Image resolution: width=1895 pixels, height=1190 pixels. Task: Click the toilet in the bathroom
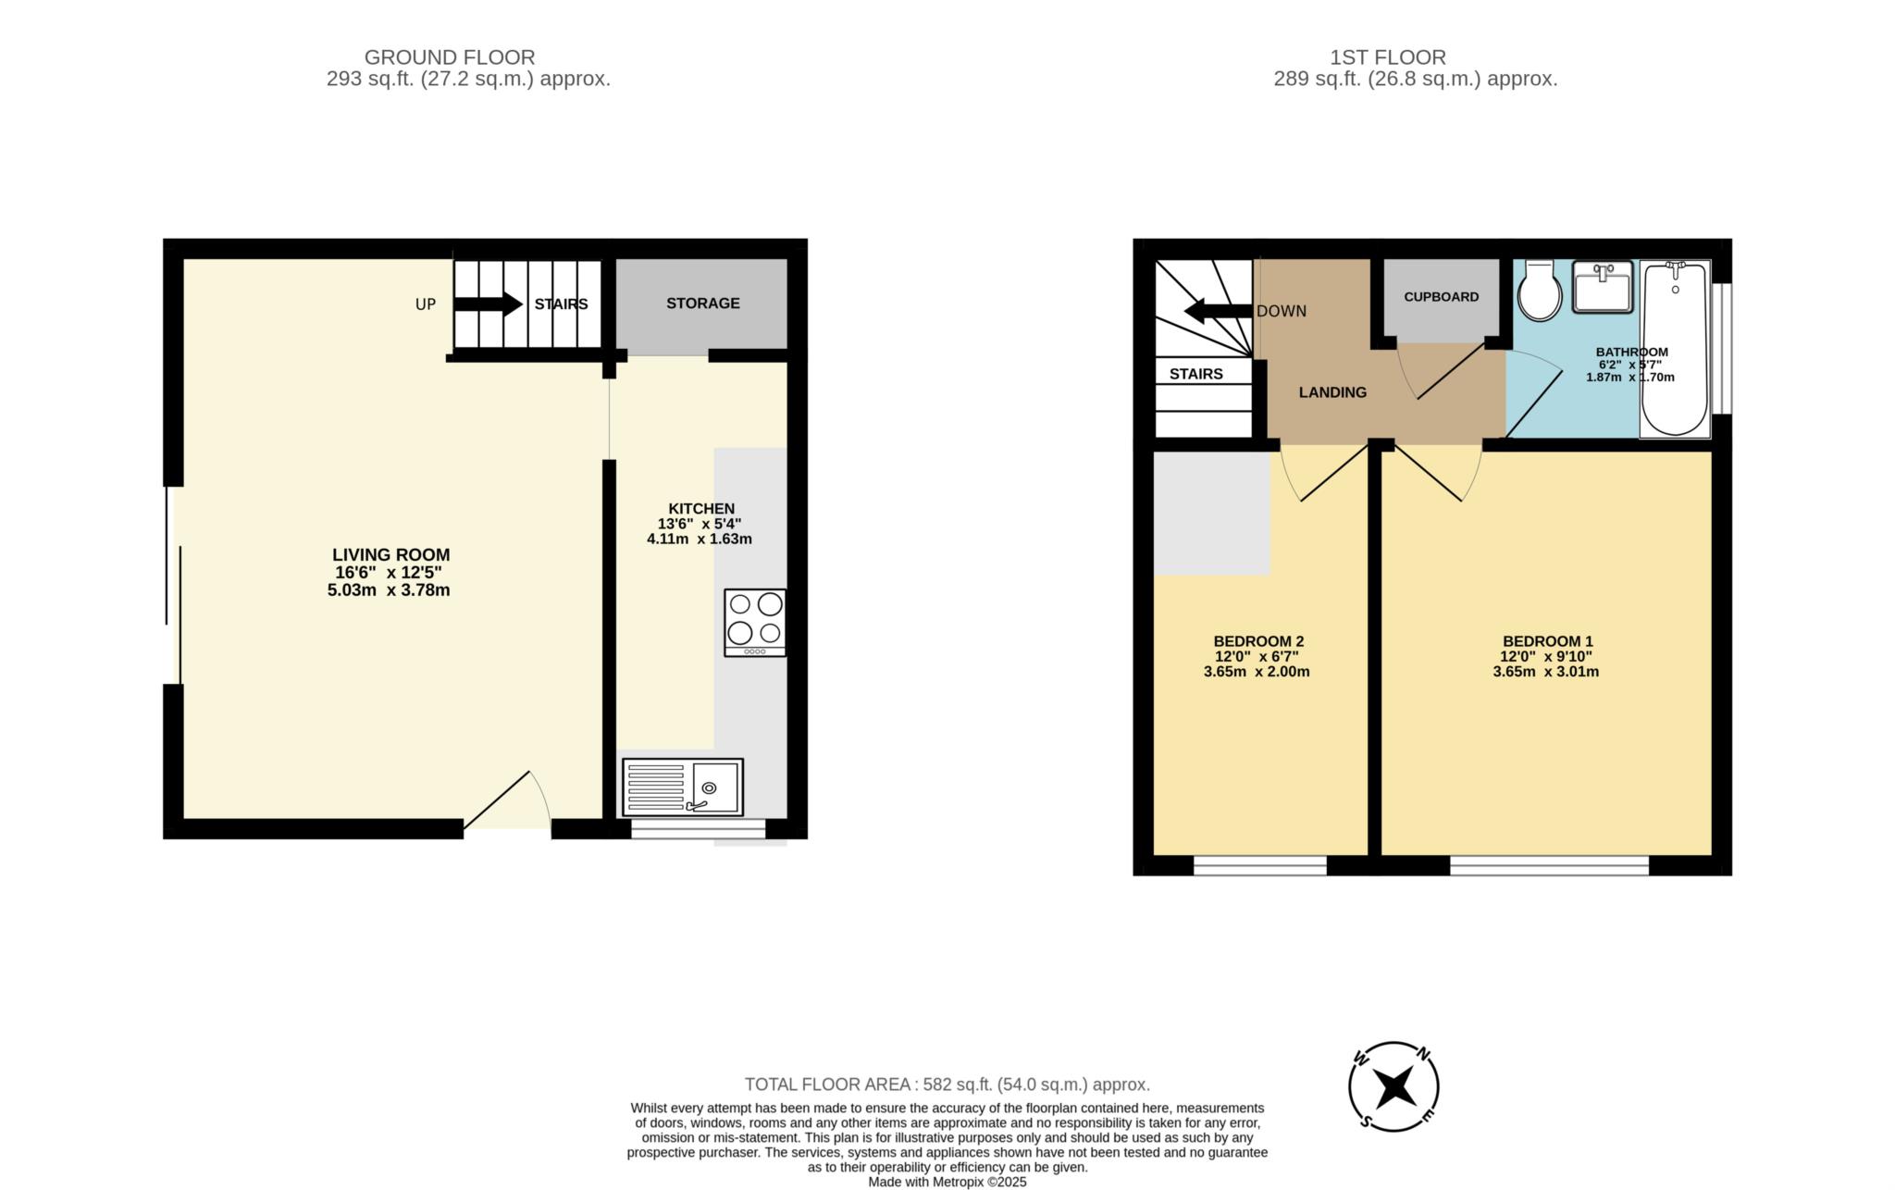tap(1540, 290)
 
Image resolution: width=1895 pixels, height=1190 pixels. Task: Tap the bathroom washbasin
tap(1604, 287)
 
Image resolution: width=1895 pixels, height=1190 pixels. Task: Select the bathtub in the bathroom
tap(1675, 348)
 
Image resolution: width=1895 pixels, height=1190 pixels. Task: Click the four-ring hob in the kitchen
tap(755, 623)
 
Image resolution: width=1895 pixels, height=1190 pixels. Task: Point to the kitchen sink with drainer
tap(683, 787)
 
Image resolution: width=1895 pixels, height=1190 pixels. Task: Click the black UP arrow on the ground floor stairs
tap(489, 304)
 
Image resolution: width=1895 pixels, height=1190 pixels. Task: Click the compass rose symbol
tap(1393, 1086)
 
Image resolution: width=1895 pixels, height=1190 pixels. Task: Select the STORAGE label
tap(703, 304)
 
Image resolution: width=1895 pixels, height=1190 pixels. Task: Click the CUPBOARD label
tap(1442, 297)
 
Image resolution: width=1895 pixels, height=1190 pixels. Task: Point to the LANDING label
tap(1332, 392)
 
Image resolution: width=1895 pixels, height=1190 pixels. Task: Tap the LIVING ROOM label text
tap(391, 555)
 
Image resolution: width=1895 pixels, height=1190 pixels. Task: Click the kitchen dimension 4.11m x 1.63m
tap(700, 539)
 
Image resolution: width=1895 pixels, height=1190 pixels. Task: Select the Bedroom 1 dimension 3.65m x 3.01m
tap(1546, 672)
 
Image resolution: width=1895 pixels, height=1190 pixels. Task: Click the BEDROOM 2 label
tap(1258, 641)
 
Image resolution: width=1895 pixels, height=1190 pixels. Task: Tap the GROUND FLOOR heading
tap(450, 57)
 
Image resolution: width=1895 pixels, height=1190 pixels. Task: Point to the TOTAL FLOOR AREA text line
tap(947, 1085)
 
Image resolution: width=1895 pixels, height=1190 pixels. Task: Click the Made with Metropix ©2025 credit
tap(947, 1183)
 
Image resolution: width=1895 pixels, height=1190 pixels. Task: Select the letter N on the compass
tap(1425, 1054)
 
